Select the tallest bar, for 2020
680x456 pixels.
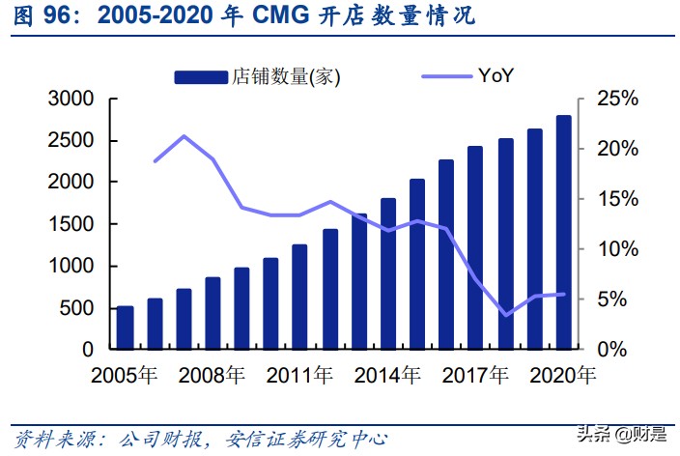(562, 232)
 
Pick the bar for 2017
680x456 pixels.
(475, 247)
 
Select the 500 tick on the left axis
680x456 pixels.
(77, 308)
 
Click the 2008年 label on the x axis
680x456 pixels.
(212, 373)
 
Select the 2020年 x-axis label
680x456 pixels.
(562, 373)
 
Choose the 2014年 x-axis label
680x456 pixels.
(387, 373)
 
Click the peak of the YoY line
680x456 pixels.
(184, 136)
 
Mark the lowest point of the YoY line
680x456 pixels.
(505, 315)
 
